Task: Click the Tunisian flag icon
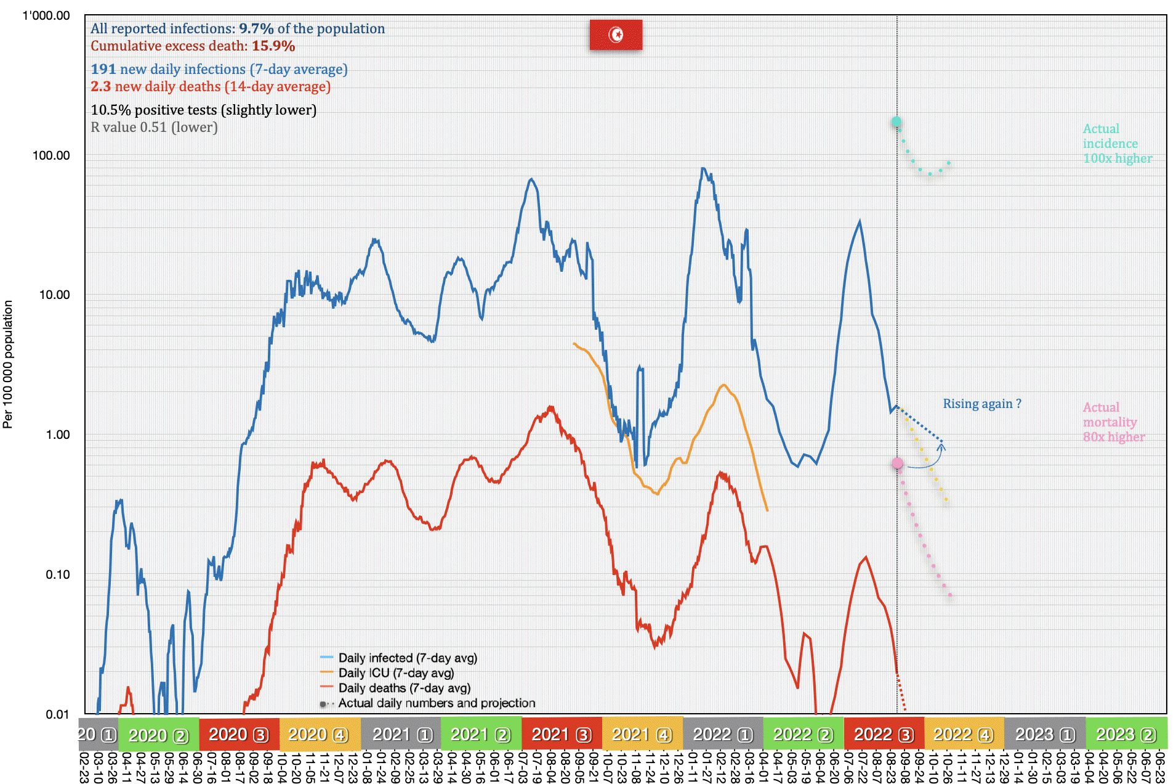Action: (616, 35)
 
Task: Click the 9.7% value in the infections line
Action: (256, 28)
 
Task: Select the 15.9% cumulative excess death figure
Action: (273, 46)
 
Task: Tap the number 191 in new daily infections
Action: (103, 69)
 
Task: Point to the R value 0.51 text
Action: (154, 127)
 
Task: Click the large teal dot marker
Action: (896, 121)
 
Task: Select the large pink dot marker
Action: (898, 463)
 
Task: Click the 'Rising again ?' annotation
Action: (981, 404)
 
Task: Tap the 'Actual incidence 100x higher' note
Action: (1116, 144)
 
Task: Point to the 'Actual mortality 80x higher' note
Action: (1113, 422)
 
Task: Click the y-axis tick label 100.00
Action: (51, 155)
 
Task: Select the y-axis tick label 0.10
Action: (57, 574)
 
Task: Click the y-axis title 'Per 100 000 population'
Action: (8, 364)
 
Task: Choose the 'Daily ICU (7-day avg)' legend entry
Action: (395, 673)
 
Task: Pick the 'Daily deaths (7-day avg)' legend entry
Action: (404, 688)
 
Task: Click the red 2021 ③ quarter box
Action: (561, 734)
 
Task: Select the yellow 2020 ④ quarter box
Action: (318, 734)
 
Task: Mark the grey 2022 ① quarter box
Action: (722, 734)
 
